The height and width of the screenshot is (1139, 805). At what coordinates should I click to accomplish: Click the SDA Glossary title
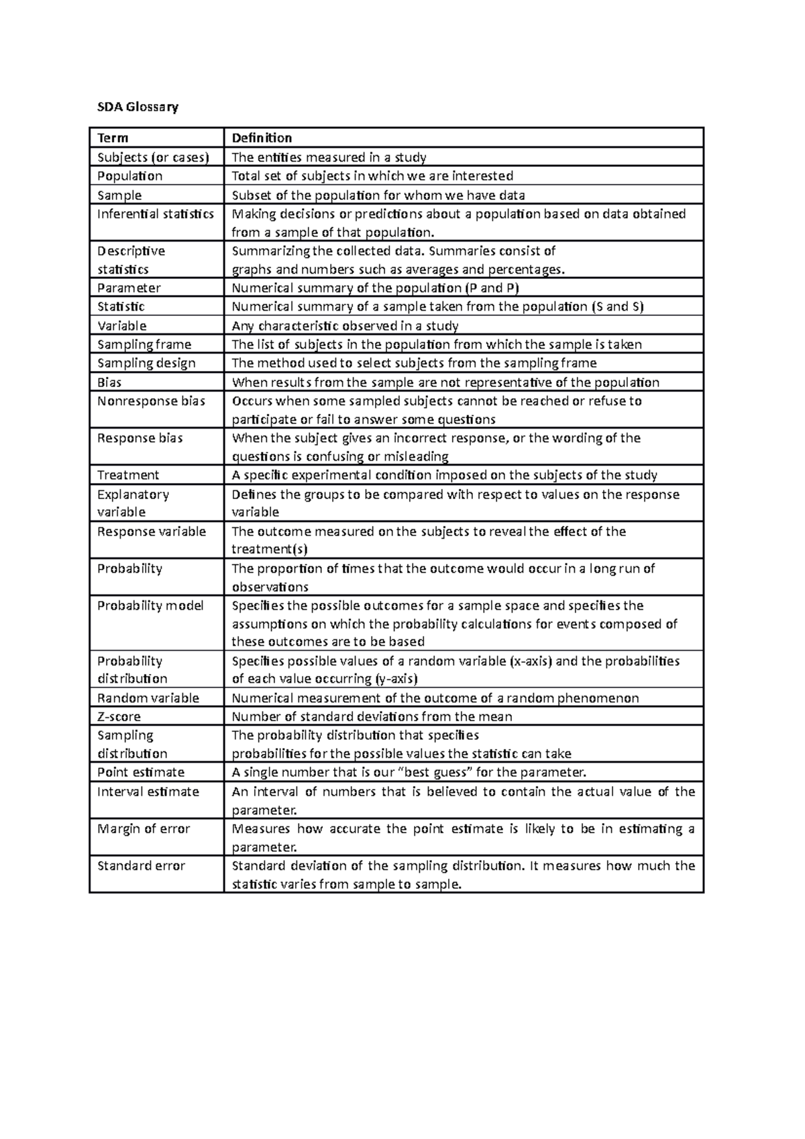138,107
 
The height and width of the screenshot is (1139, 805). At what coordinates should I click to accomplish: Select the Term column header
113,138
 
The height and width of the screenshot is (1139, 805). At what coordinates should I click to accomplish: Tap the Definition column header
262,138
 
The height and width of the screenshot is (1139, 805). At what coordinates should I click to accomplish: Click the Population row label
129,176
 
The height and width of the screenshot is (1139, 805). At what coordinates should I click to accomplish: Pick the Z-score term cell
119,716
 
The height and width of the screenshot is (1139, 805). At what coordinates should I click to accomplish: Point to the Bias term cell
109,382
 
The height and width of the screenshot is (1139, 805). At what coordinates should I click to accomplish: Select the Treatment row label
128,475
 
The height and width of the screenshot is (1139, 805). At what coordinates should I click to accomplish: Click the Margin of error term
144,828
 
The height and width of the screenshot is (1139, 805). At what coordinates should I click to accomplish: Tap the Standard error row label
141,865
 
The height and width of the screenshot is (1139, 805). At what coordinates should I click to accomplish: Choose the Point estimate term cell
141,772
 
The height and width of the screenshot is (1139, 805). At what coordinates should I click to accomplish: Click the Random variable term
148,698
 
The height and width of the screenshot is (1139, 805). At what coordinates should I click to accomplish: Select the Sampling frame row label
144,344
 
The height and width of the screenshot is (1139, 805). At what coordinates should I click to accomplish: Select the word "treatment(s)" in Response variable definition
269,549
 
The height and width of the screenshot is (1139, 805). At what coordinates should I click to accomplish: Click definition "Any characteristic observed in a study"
345,326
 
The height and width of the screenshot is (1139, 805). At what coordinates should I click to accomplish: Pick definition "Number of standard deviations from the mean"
372,716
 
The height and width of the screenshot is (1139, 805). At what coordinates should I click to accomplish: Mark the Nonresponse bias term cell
151,401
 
